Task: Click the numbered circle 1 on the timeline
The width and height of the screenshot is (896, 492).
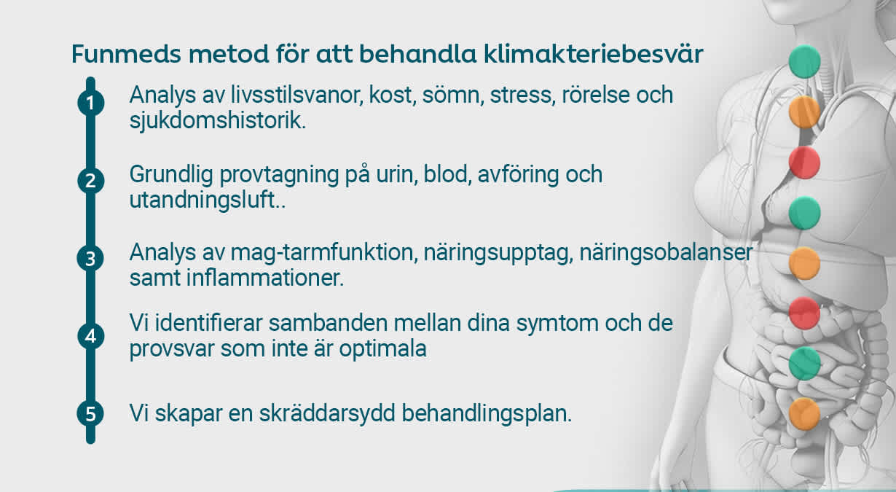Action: point(90,104)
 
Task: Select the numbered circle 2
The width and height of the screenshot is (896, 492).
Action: point(90,181)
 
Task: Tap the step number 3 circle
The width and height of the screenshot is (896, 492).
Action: point(90,259)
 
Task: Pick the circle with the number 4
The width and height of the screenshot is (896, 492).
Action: point(90,336)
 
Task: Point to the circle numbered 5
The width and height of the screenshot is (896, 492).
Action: point(90,414)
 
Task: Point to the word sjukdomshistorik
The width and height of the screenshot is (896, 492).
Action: point(217,120)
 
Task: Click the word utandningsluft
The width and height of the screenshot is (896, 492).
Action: point(205,200)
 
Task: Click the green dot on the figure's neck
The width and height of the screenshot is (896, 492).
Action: point(805,61)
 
